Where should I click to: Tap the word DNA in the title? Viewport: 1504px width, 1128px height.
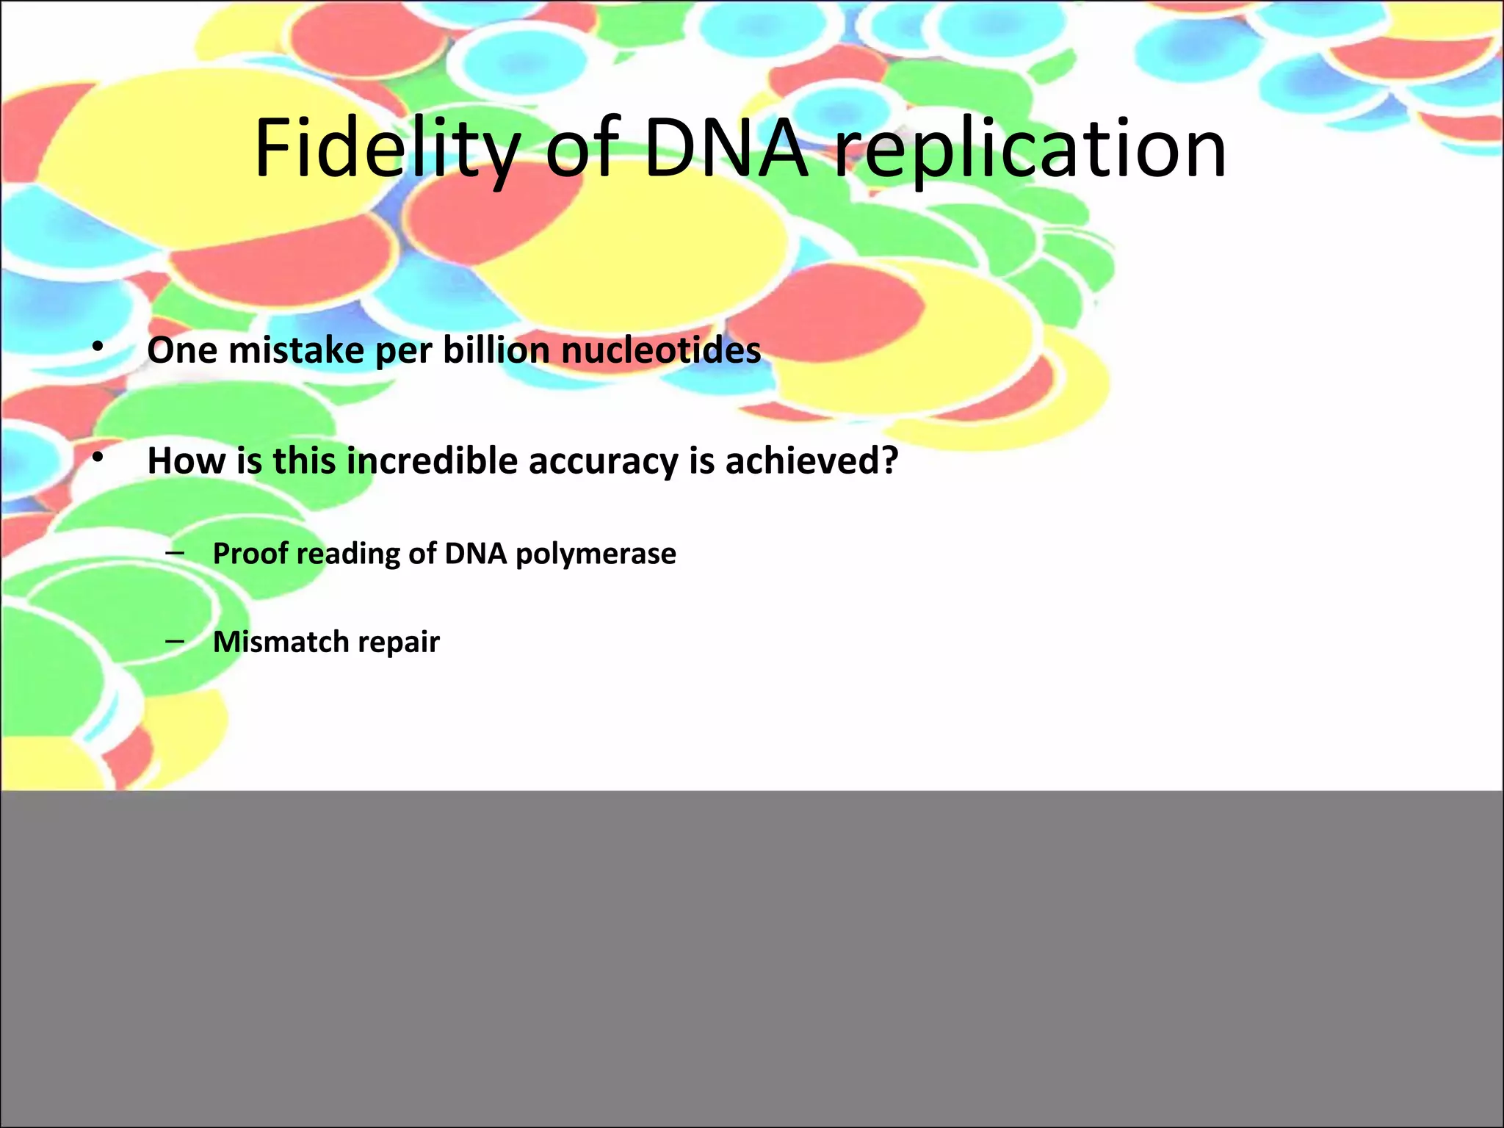(726, 149)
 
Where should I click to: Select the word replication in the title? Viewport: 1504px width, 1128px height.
(1030, 151)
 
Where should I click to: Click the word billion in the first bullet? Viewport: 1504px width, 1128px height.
(496, 350)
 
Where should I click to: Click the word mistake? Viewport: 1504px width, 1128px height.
(296, 350)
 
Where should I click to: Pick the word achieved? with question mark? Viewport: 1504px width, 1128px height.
(811, 461)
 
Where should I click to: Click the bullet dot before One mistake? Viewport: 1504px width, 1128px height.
(98, 346)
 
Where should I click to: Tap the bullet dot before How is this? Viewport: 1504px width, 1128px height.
(98, 458)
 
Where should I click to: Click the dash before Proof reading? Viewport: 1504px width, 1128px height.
(175, 552)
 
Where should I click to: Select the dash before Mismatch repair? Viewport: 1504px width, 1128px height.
(175, 640)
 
